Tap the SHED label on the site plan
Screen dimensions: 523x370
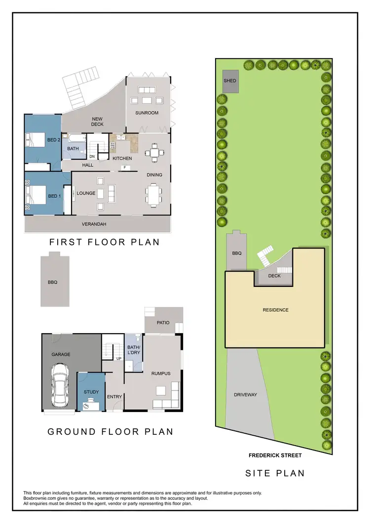click(230, 81)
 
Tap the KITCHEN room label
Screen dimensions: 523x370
click(122, 159)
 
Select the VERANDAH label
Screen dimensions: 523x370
click(94, 224)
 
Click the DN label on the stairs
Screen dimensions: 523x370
click(92, 157)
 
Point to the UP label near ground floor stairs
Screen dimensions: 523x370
click(118, 358)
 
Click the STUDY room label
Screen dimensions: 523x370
click(91, 392)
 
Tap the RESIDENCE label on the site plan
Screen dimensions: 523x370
click(275, 310)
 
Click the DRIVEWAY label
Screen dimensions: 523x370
click(245, 395)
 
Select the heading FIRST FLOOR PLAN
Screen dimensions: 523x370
click(104, 242)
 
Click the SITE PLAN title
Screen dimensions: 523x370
click(275, 473)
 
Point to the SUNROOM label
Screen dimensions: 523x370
click(147, 113)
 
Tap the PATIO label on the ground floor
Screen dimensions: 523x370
click(163, 323)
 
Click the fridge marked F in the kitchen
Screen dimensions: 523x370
click(125, 168)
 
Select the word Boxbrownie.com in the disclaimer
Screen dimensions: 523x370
click(41, 498)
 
